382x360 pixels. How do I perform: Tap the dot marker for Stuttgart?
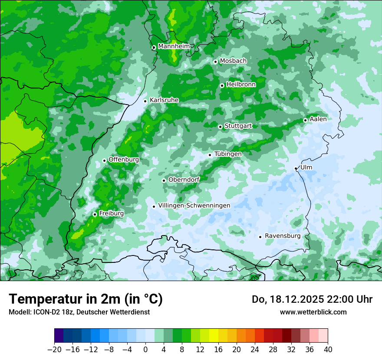pyautogui.click(x=221, y=127)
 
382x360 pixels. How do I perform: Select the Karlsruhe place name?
pyautogui.click(x=164, y=100)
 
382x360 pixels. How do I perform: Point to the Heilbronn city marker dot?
pyautogui.click(x=222, y=85)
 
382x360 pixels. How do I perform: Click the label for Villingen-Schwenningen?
pyautogui.click(x=194, y=206)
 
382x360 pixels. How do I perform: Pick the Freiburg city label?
pyautogui.click(x=111, y=213)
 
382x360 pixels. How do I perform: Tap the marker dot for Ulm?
pyautogui.click(x=296, y=168)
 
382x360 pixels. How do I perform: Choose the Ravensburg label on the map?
pyautogui.click(x=283, y=236)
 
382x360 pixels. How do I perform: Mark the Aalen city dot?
pyautogui.click(x=305, y=120)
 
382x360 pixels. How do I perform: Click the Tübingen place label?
pyautogui.click(x=228, y=154)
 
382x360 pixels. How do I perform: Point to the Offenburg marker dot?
pyautogui.click(x=104, y=160)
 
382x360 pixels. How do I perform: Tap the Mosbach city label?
pyautogui.click(x=233, y=61)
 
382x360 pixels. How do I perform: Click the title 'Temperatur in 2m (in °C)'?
pyautogui.click(x=86, y=299)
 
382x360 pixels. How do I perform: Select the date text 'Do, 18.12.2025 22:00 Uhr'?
pyautogui.click(x=312, y=299)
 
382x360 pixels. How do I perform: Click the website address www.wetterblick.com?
pyautogui.click(x=313, y=312)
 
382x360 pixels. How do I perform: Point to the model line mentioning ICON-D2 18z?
pyautogui.click(x=79, y=312)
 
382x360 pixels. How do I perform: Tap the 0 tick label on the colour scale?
pyautogui.click(x=145, y=350)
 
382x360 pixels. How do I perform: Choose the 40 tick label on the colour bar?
pyautogui.click(x=328, y=350)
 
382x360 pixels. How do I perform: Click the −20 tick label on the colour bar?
pyautogui.click(x=54, y=350)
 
